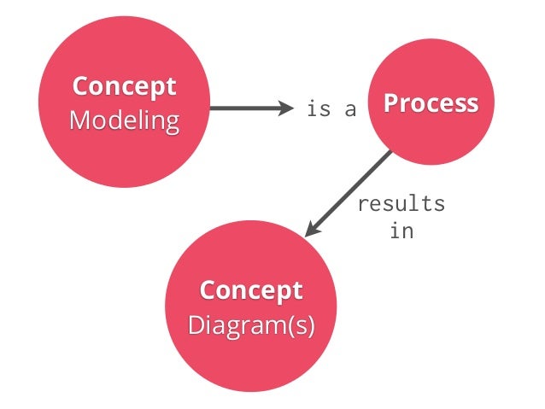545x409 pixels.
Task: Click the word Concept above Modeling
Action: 124,86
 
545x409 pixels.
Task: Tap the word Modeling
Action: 124,119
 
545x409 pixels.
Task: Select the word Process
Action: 431,103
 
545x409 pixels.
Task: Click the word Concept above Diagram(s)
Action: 251,290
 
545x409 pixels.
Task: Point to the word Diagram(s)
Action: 251,324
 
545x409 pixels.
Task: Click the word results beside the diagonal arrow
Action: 401,204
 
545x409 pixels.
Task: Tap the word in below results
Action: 401,231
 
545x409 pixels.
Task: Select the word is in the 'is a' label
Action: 318,109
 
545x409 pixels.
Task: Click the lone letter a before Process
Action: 350,109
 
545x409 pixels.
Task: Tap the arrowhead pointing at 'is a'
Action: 284,108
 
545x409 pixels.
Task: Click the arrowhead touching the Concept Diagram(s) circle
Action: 313,229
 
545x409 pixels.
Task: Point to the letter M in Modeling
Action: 78,119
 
